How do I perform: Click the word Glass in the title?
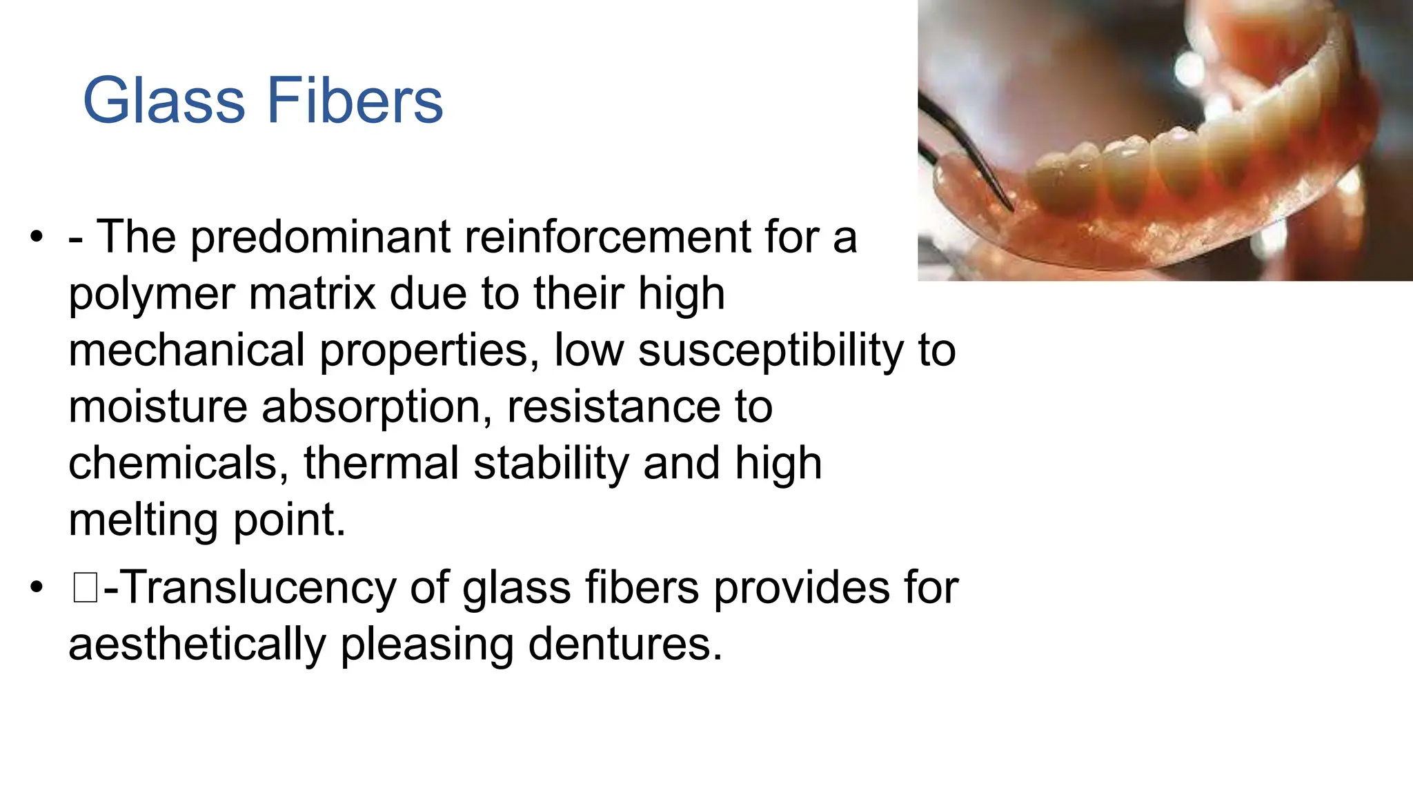pyautogui.click(x=164, y=101)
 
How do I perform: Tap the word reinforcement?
pyautogui.click(x=606, y=237)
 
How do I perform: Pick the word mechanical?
pyautogui.click(x=186, y=351)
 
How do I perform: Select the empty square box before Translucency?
pyautogui.click(x=85, y=589)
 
